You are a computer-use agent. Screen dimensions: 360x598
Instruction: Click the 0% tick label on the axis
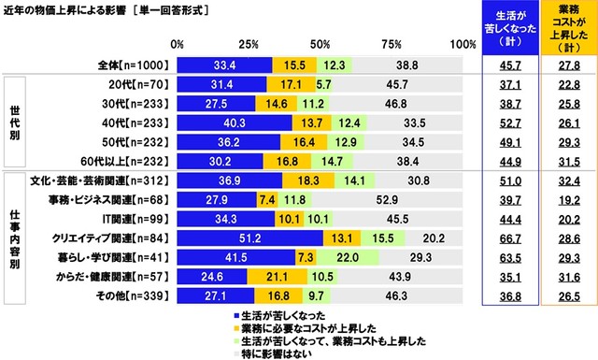coord(178,44)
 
